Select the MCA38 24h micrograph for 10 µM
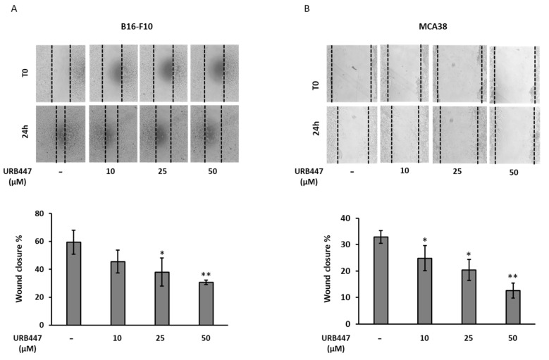point(405,134)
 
